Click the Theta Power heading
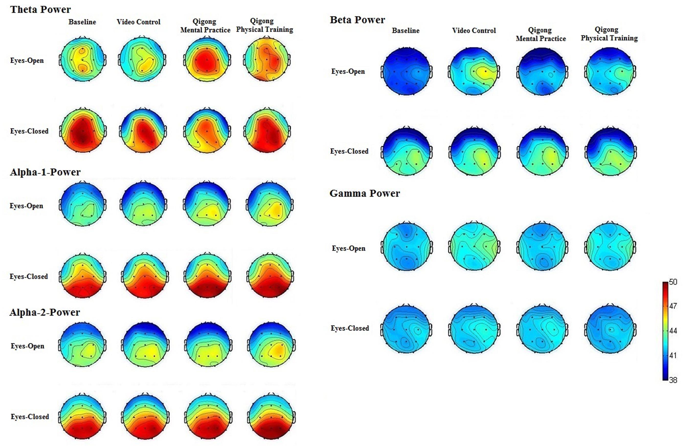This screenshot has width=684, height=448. click(x=40, y=9)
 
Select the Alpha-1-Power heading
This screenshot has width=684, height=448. click(x=45, y=172)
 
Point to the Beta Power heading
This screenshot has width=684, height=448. click(x=357, y=20)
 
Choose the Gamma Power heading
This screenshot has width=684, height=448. click(x=364, y=193)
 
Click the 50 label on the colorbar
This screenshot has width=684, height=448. click(x=673, y=282)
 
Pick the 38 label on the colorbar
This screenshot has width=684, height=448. click(x=673, y=380)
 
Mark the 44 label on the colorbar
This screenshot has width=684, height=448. click(x=673, y=331)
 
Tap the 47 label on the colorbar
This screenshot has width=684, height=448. click(x=673, y=306)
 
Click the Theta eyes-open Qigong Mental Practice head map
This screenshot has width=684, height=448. click(x=207, y=60)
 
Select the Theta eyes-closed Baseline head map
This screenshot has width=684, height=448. click(x=83, y=131)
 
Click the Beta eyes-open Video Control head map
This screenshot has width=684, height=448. click(x=474, y=71)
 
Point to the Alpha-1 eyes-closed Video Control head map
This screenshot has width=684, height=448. click(x=145, y=276)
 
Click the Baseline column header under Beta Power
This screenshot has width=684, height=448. click(x=406, y=30)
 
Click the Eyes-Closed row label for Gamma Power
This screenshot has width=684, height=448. click(x=350, y=328)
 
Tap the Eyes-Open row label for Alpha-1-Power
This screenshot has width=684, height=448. click(x=26, y=206)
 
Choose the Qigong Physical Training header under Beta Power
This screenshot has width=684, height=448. click(x=609, y=34)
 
